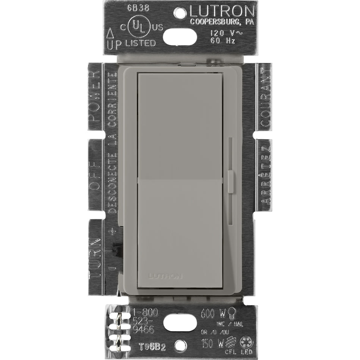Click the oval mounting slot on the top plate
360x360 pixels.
click(180, 37)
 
